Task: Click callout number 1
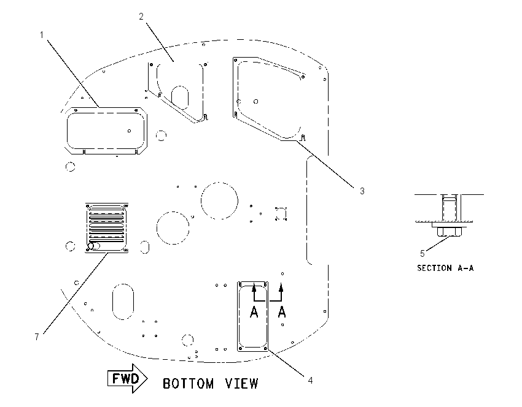[42, 34]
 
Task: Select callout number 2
[141, 17]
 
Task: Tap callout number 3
[362, 191]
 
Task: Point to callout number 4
[310, 381]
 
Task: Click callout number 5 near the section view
[422, 254]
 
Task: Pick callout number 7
[37, 337]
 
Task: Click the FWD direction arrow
[128, 378]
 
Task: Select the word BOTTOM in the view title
[188, 384]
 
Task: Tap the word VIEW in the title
[242, 384]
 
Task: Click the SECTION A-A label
[445, 268]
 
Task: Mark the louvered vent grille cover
[107, 228]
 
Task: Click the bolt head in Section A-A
[450, 232]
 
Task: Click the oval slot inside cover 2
[180, 97]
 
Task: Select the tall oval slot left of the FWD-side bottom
[123, 302]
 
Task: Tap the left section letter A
[254, 312]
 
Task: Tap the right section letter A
[282, 312]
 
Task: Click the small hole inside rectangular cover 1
[129, 131]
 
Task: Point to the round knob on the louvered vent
[90, 246]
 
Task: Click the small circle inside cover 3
[255, 101]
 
